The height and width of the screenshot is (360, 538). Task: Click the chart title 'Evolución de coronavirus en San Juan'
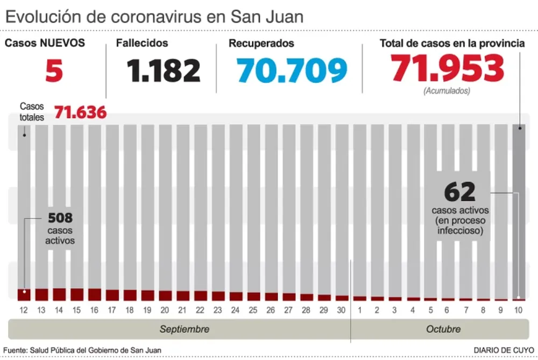point(154,17)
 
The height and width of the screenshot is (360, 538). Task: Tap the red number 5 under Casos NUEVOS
point(54,71)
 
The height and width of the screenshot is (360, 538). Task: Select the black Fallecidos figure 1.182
point(164,70)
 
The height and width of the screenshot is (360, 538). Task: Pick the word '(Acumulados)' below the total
point(447,91)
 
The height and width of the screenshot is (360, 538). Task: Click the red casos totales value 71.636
point(80,113)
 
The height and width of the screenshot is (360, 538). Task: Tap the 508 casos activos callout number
point(60,218)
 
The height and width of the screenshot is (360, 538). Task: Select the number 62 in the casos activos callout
point(460,192)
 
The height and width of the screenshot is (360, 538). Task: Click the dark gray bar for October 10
point(519,210)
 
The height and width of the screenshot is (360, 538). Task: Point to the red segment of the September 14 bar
point(59,294)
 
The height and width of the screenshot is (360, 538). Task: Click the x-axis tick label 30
point(342,310)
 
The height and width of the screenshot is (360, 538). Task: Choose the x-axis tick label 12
point(24,310)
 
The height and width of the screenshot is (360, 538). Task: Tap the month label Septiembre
point(185,329)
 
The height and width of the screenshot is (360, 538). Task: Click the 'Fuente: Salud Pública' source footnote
point(82,350)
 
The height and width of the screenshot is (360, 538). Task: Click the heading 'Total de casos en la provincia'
point(452,44)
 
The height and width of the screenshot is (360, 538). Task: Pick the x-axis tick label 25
point(253,310)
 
